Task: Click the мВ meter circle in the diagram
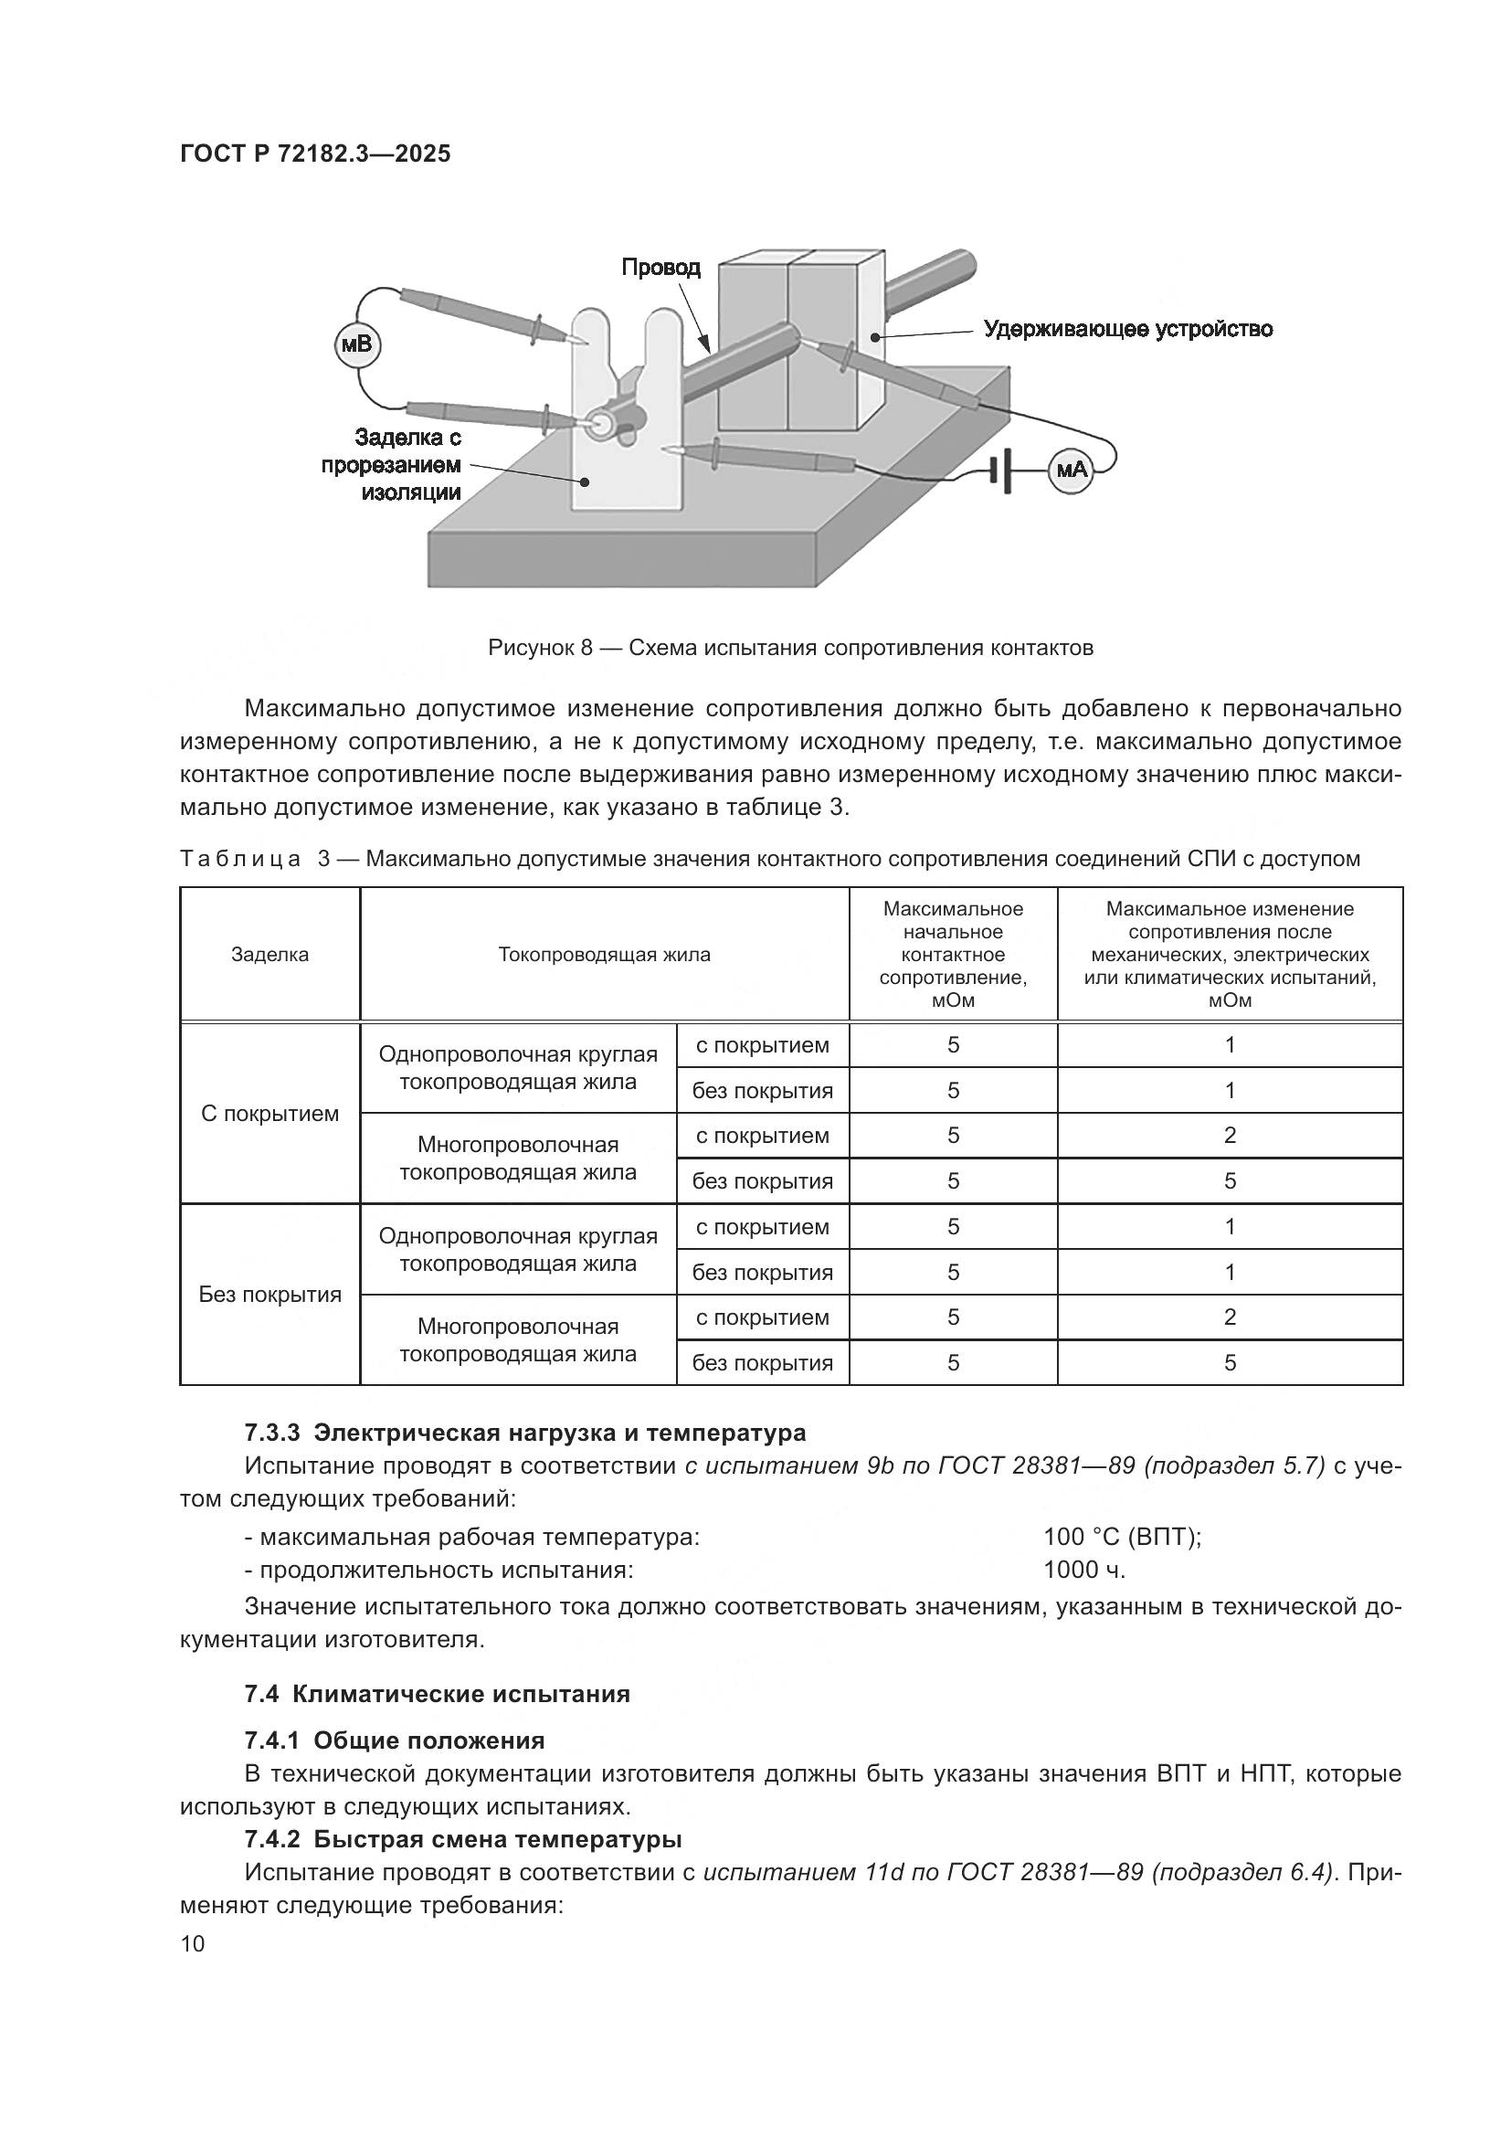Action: pyautogui.click(x=356, y=345)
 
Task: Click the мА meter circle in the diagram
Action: pyautogui.click(x=1071, y=470)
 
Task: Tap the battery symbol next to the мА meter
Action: pyautogui.click(x=1001, y=469)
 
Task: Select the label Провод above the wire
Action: pyautogui.click(x=660, y=268)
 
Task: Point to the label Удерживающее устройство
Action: pyautogui.click(x=1127, y=329)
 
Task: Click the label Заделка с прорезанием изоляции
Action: pyautogui.click(x=392, y=463)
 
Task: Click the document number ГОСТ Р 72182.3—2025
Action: pyautogui.click(x=315, y=154)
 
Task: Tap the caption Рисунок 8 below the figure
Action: pyautogui.click(x=790, y=648)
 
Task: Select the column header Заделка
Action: pyautogui.click(x=269, y=954)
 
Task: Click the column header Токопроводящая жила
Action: pyautogui.click(x=604, y=954)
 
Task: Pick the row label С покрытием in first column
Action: pyautogui.click(x=269, y=1113)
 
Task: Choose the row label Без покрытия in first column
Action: pyautogui.click(x=269, y=1295)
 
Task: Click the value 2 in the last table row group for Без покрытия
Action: pyautogui.click(x=1229, y=1317)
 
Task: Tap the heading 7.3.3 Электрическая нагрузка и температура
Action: pyautogui.click(x=524, y=1432)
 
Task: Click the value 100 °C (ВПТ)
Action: pyautogui.click(x=1122, y=1537)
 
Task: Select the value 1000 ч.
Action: pyautogui.click(x=1084, y=1570)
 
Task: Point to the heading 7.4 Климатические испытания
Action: pyautogui.click(x=438, y=1693)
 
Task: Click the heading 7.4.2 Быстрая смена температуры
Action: pyautogui.click(x=462, y=1839)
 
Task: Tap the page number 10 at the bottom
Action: pyautogui.click(x=193, y=1943)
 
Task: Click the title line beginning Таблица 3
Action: pyautogui.click(x=768, y=858)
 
